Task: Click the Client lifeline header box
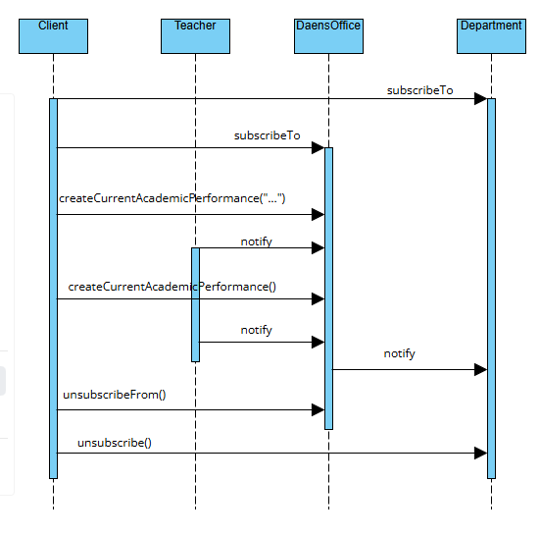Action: (53, 36)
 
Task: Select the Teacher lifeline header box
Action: (195, 36)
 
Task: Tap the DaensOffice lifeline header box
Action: (328, 36)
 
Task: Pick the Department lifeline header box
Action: (491, 36)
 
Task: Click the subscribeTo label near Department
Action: (419, 90)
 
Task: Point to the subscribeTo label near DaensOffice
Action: (267, 135)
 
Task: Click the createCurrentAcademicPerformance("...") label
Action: (172, 198)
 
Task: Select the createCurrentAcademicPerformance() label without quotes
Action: (172, 287)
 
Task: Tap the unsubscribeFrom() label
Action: (115, 395)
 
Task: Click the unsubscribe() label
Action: (115, 443)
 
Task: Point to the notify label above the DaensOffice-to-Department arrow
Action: (400, 353)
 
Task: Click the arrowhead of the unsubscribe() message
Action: (481, 454)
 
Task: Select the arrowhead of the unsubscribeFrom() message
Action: (318, 410)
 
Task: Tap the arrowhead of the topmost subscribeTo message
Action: (481, 98)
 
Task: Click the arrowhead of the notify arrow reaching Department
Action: (481, 370)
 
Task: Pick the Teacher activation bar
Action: (195, 305)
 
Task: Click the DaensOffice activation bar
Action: (328, 289)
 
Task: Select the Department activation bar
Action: (491, 289)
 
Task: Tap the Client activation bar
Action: (53, 289)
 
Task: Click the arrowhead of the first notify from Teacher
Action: (318, 248)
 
